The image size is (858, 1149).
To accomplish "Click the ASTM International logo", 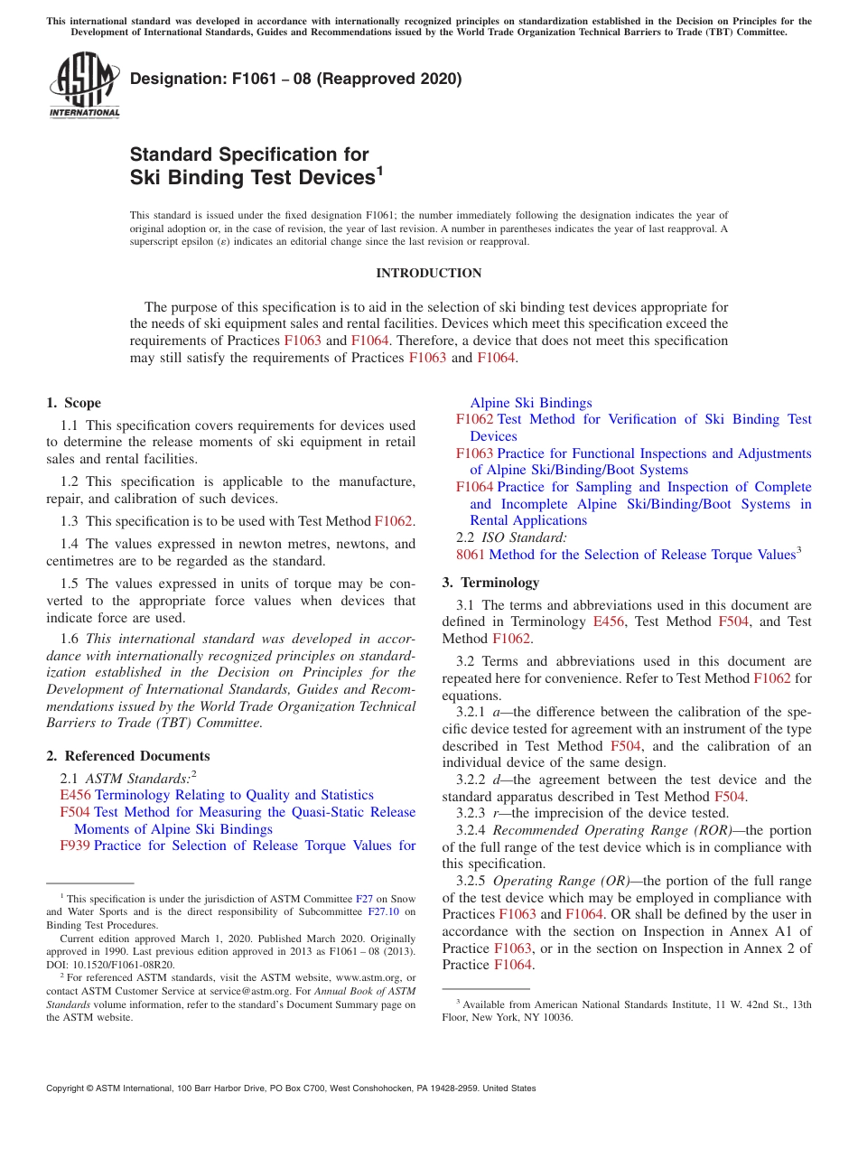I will click(84, 87).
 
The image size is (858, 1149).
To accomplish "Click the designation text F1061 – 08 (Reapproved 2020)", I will click(295, 79).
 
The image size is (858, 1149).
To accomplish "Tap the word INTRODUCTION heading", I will click(428, 273).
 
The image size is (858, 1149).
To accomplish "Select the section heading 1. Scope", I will click(73, 403).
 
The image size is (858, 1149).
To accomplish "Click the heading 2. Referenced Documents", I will click(127, 756).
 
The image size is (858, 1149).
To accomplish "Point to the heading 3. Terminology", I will click(490, 583).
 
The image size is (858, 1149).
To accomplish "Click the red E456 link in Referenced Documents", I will click(75, 795).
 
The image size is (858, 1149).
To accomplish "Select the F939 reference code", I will click(75, 845).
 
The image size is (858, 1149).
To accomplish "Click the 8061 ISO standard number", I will click(471, 555).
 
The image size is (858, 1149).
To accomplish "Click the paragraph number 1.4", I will click(70, 544).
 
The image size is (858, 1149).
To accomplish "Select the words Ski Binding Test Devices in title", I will click(252, 177).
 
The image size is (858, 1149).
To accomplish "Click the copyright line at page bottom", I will click(291, 1088).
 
